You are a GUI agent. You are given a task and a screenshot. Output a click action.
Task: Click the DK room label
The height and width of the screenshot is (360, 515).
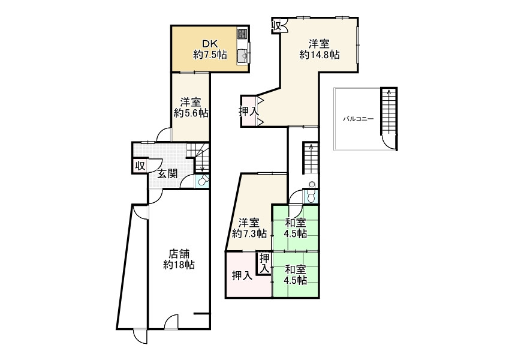pos(210,43)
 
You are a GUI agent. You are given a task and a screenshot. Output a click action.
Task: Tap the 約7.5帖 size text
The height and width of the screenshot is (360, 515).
pos(210,55)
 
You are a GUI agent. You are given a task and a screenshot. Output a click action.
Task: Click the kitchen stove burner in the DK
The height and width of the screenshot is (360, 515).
pos(242,34)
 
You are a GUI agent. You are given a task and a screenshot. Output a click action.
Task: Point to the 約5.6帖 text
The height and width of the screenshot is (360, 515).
pos(191,113)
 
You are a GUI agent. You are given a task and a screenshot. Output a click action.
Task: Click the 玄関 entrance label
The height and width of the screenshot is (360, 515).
pos(167,174)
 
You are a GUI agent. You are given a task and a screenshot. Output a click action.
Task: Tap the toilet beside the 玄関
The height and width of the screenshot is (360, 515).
pos(203,180)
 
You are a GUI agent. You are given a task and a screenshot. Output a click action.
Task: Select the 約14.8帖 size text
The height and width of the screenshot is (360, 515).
pos(320,55)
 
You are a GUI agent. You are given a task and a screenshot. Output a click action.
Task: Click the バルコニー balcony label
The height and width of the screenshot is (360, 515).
pos(358,119)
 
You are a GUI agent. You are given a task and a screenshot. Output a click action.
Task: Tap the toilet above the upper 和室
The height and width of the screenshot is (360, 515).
pos(311,193)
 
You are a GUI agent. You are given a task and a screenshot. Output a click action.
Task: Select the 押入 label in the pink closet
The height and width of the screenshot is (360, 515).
pos(242,276)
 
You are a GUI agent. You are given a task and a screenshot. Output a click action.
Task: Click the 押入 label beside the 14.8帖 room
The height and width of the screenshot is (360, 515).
pos(249,111)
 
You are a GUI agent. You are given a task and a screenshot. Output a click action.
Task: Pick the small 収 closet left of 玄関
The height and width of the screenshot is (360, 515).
pos(139,166)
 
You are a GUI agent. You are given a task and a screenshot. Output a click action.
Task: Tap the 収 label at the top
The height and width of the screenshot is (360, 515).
pos(277,26)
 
